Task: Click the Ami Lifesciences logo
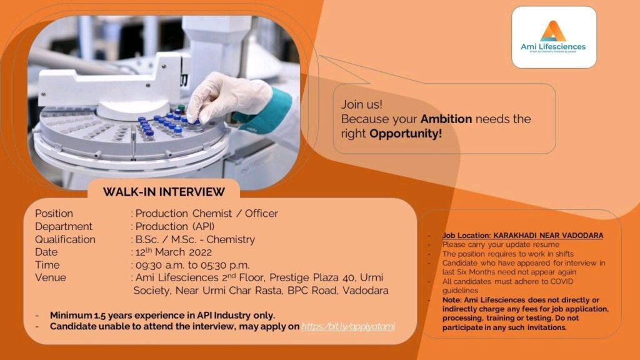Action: [x=553, y=37]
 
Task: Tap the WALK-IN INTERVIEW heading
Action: [x=164, y=192]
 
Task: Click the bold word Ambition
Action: [x=446, y=119]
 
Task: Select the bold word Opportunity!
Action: [x=405, y=134]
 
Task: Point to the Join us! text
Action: [x=362, y=104]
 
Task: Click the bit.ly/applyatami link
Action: [x=348, y=326]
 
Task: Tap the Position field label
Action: [x=54, y=214]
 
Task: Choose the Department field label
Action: [x=64, y=226]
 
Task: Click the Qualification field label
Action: [x=65, y=239]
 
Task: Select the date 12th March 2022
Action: [x=174, y=251]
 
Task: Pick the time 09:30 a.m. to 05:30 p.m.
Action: [x=192, y=265]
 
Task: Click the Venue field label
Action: [x=50, y=277]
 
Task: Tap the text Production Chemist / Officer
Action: [x=206, y=214]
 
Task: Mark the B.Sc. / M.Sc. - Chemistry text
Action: [x=195, y=239]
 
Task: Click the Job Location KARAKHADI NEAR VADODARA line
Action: [x=522, y=236]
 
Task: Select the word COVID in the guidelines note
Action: [x=561, y=281]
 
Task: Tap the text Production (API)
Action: [x=175, y=226]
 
